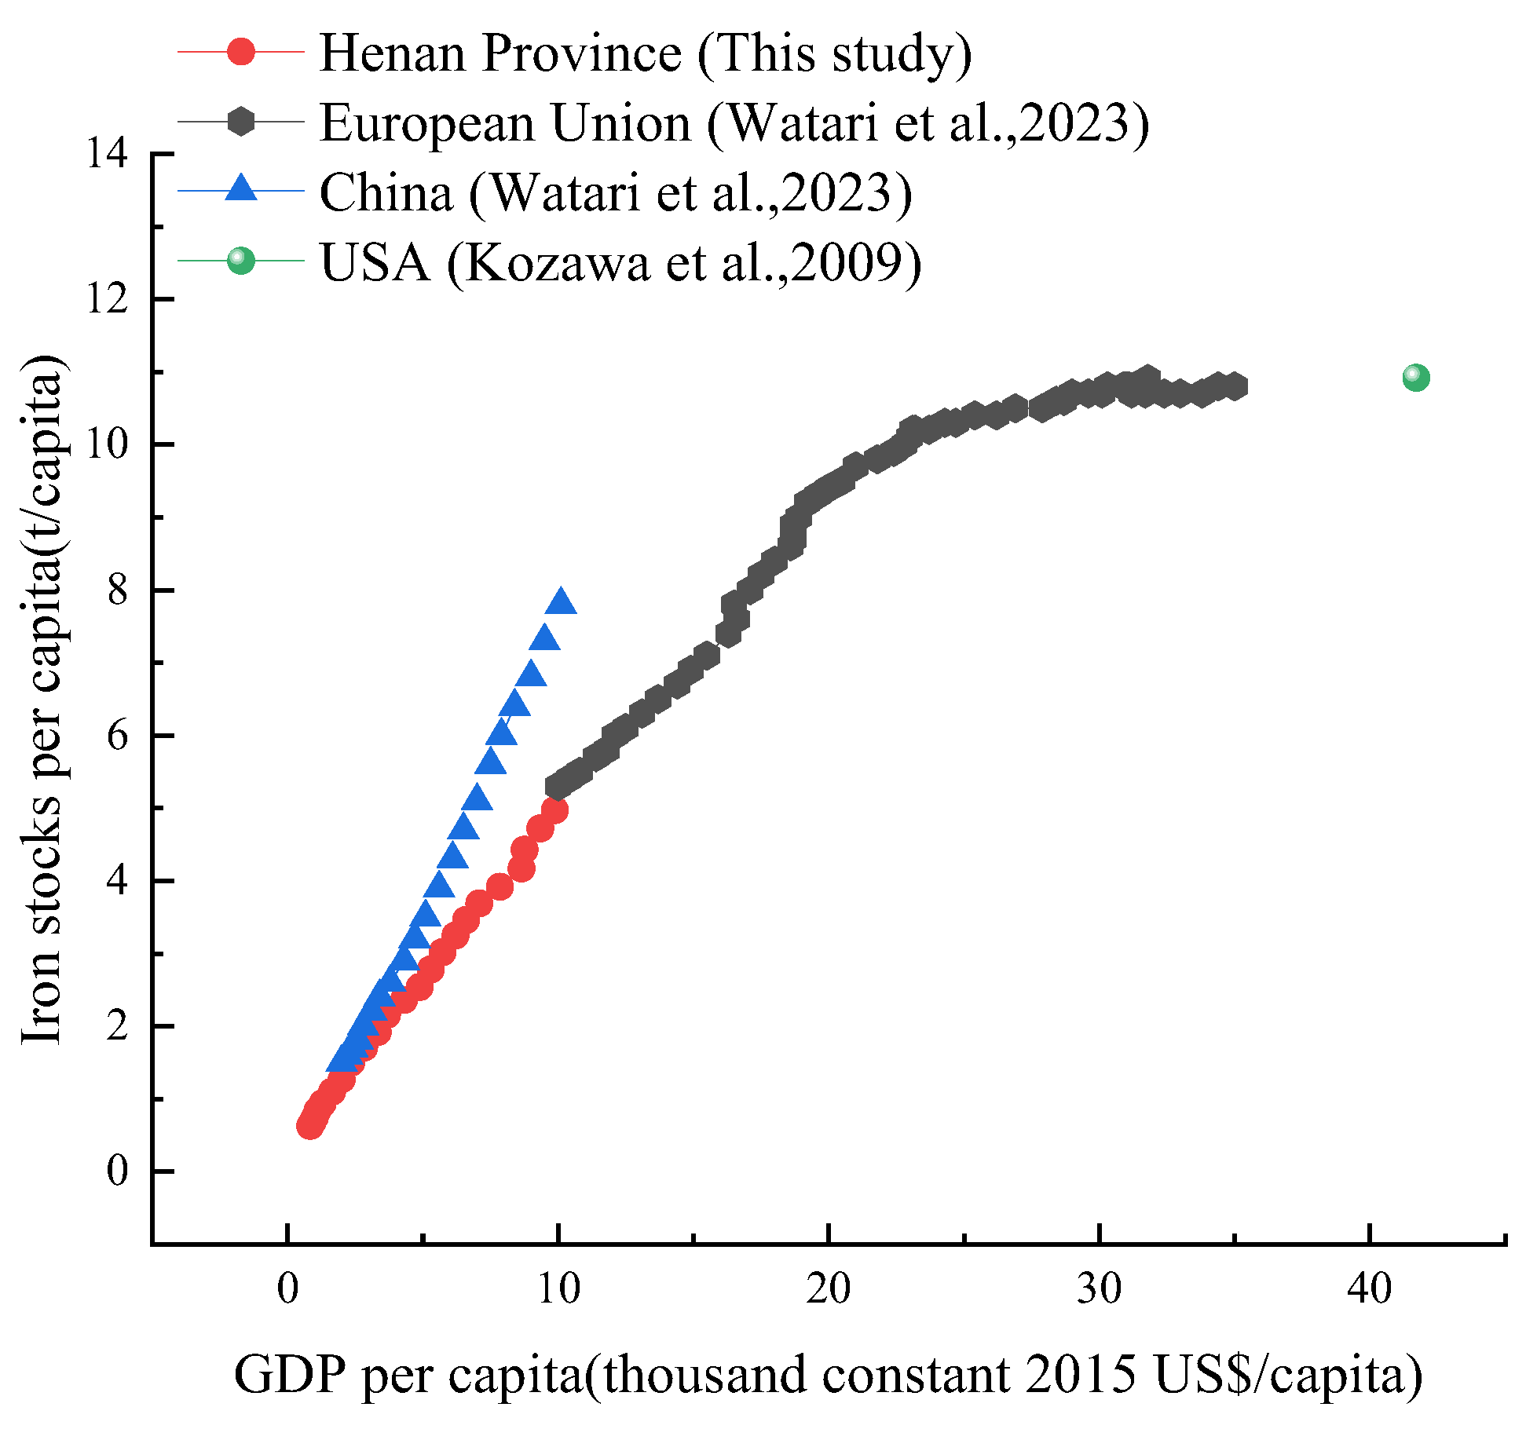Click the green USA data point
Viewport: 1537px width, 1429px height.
(1415, 378)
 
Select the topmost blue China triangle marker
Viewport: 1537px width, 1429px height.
(561, 601)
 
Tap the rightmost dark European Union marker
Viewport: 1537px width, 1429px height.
(1235, 386)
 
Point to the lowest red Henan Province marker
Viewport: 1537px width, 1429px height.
(310, 1126)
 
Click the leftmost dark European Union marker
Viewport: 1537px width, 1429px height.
(556, 787)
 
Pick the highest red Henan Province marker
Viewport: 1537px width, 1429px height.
(554, 810)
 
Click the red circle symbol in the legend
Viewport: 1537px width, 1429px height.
(240, 52)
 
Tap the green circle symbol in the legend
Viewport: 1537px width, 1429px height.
(240, 261)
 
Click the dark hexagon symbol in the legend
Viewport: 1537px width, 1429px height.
(240, 121)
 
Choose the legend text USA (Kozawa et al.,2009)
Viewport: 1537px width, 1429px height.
(620, 262)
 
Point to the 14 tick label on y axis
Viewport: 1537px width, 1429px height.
(107, 154)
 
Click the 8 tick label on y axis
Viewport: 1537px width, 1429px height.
(117, 590)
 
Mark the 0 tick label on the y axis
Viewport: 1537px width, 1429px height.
(117, 1171)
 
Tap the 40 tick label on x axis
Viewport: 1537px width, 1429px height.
(1369, 1289)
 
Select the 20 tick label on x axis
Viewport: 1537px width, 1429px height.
(828, 1289)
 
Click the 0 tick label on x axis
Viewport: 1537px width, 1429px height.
(288, 1289)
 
